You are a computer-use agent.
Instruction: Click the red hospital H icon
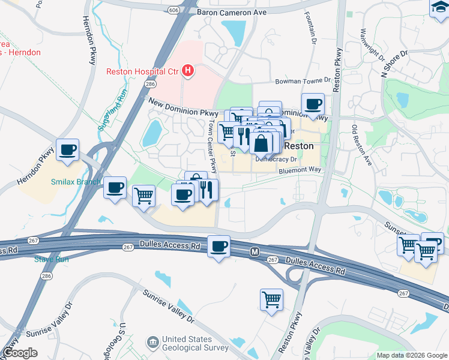pyautogui.click(x=188, y=71)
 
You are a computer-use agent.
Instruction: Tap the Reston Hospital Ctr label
pyautogui.click(x=142, y=71)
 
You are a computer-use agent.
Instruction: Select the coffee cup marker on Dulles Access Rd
pyautogui.click(x=219, y=246)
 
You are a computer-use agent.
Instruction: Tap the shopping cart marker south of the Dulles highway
pyautogui.click(x=271, y=299)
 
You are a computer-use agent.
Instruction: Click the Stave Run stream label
pyautogui.click(x=51, y=259)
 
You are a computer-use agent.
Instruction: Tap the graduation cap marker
pyautogui.click(x=439, y=7)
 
